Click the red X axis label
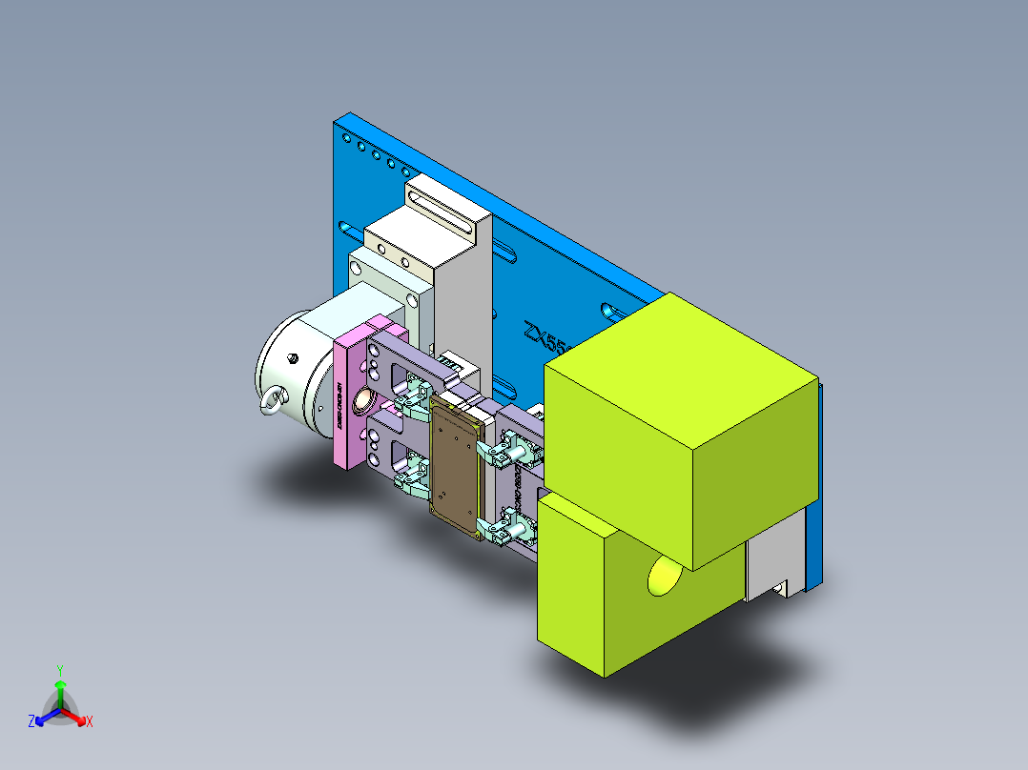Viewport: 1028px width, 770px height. pyautogui.click(x=90, y=722)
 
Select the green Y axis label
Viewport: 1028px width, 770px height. pyautogui.click(x=60, y=670)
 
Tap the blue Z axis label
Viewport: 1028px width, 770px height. pyautogui.click(x=31, y=722)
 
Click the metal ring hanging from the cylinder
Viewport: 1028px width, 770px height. pyautogui.click(x=273, y=401)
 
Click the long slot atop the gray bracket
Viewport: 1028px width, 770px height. pyautogui.click(x=442, y=210)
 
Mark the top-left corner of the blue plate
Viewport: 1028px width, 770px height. pyautogui.click(x=336, y=120)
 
